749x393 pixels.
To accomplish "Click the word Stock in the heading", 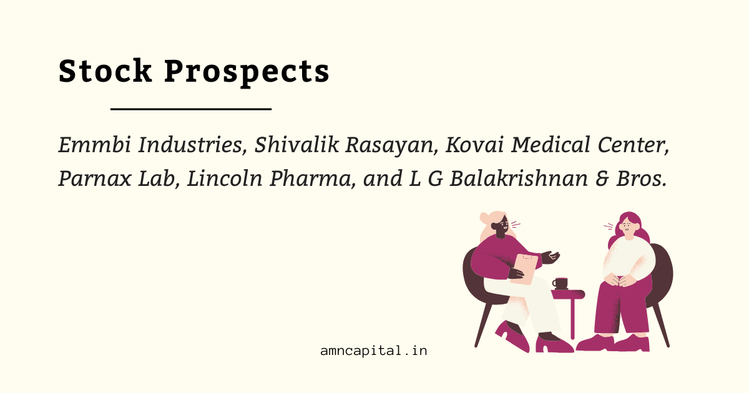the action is (105, 70).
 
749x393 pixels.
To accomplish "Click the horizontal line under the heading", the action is (191, 109).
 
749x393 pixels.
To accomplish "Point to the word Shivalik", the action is (296, 145).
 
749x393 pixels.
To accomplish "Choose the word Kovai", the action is (475, 145).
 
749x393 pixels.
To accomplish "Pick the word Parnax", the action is (95, 178).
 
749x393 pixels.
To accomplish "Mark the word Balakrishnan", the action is (519, 178).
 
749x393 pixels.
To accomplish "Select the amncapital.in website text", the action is (373, 351).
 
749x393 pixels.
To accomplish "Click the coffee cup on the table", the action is (561, 283).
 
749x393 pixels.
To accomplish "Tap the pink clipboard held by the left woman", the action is (524, 269).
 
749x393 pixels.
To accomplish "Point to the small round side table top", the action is (568, 294).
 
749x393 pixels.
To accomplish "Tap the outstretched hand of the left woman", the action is (551, 257).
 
